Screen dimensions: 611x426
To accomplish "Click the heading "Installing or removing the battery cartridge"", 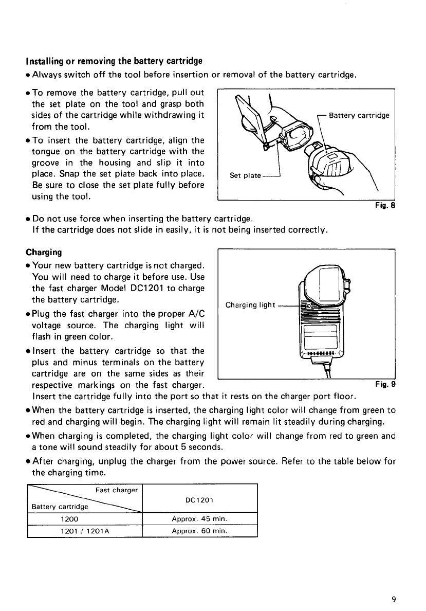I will (114, 62).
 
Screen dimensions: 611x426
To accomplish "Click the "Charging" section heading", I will (44, 253).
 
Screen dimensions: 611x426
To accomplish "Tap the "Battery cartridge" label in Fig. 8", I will (359, 115).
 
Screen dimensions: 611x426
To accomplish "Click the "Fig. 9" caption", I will (385, 384).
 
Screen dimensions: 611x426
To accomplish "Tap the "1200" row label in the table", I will (84, 519).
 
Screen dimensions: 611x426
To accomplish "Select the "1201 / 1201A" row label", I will (84, 530).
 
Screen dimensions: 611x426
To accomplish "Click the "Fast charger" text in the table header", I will (117, 490).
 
